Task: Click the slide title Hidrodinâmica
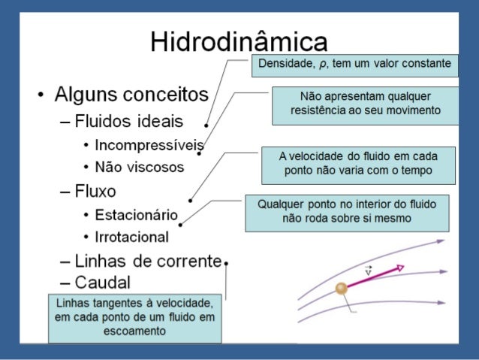239,41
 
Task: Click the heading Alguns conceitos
131,95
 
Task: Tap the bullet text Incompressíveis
149,146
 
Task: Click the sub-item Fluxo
95,190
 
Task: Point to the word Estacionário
136,214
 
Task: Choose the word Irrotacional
131,236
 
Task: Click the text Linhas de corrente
148,262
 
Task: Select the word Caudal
102,283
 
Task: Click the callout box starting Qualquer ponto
347,212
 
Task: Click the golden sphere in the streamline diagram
342,288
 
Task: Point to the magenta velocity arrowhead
399,268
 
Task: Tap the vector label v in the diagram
369,271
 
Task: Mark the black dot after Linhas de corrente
226,263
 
